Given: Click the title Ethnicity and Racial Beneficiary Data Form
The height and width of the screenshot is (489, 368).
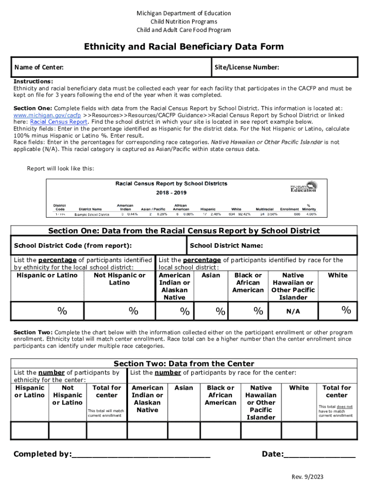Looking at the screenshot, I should coord(184,47).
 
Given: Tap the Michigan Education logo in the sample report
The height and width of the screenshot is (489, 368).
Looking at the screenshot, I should coord(303,187).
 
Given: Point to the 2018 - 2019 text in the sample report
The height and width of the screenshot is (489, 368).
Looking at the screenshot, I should coord(171,193).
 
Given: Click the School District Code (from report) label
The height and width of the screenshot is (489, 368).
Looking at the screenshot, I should coord(73,246).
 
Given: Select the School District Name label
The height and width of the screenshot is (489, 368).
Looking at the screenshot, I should coord(226,246).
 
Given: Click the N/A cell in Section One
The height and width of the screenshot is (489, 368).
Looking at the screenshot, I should coord(293,312).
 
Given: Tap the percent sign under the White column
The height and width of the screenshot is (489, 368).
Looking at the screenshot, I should coord(346,311).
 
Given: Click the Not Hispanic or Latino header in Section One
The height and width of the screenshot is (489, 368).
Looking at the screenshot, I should coord(119,279).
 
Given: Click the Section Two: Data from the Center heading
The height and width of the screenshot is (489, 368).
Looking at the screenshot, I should coord(184,364).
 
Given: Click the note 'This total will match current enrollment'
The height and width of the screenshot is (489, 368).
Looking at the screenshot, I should coord(106,413).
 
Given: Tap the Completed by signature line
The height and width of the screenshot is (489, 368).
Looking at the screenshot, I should coord(141,455).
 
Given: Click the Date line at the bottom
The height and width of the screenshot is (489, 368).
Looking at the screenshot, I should coord(320,455).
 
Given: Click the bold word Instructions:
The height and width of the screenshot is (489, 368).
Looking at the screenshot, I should coord(33,82).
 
